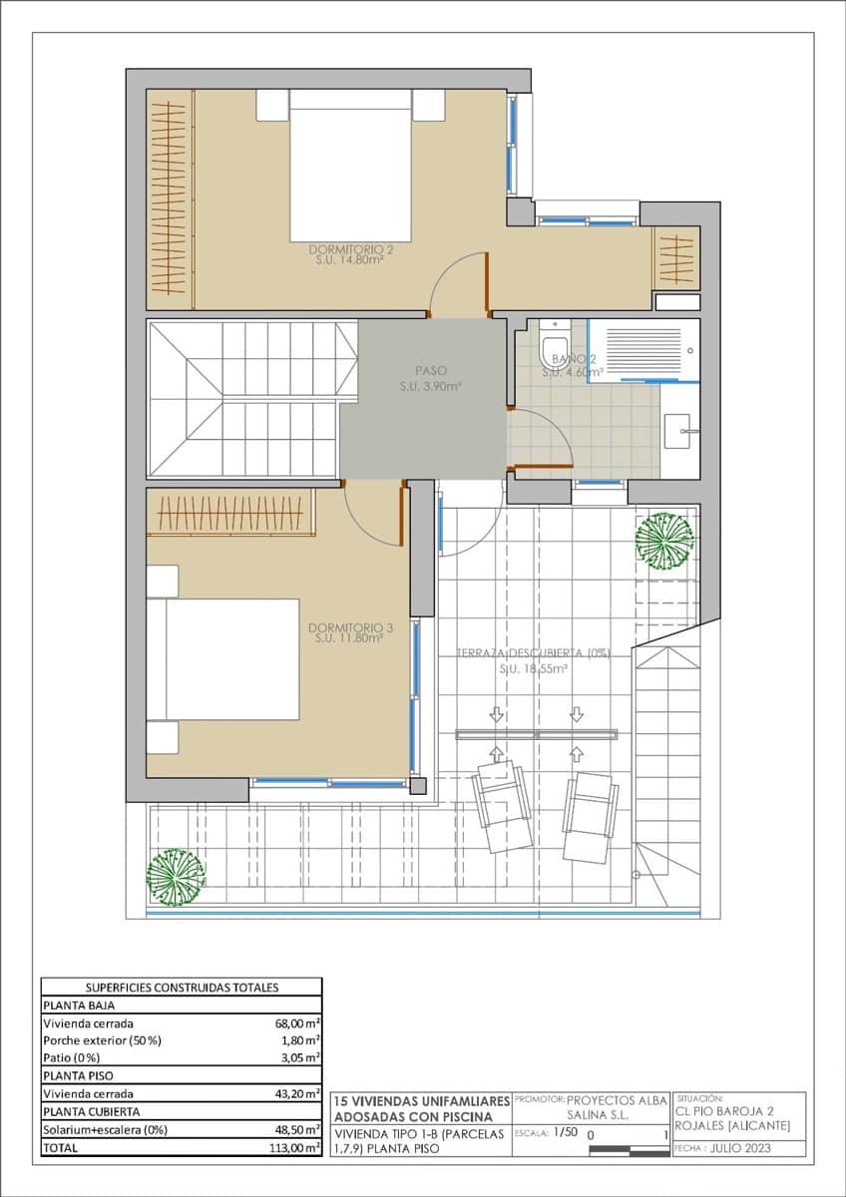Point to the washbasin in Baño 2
point(683,430)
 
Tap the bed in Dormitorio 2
point(350,164)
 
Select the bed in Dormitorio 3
point(223,659)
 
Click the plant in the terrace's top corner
point(663,540)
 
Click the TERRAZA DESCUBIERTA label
point(533,653)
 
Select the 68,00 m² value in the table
point(297,1023)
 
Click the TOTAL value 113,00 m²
point(295,1148)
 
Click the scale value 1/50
point(565,1134)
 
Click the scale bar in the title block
point(628,1149)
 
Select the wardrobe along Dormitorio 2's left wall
point(170,199)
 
